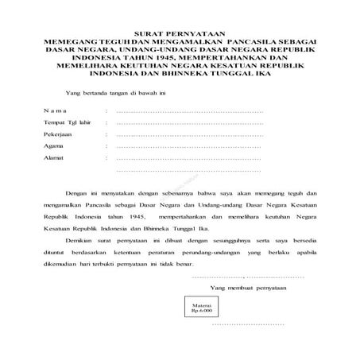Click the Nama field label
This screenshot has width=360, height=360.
(x=56, y=112)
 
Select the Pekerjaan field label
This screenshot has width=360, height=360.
(x=59, y=135)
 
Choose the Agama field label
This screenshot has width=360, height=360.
(x=54, y=146)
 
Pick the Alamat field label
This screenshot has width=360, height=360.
(x=54, y=158)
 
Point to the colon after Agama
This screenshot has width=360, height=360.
(x=106, y=146)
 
